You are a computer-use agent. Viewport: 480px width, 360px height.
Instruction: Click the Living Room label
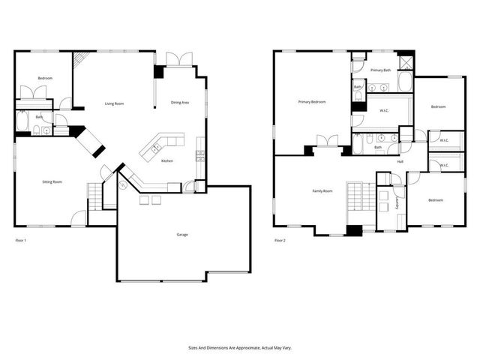coord(114,103)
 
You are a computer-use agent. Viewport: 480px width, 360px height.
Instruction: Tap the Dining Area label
coord(180,102)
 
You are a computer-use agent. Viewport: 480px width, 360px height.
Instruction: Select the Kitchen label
coord(167,160)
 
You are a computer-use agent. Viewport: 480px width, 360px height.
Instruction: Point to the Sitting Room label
coord(52,181)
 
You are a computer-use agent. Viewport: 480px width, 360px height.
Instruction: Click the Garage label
coord(182,235)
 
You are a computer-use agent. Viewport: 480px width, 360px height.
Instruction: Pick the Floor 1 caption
coord(21,240)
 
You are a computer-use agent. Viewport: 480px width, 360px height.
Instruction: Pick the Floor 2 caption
coord(280,240)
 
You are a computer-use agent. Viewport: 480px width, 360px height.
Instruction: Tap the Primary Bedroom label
coord(311,101)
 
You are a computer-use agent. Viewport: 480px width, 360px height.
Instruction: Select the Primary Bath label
coord(380,70)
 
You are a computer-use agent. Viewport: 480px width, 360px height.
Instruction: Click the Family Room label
coord(322,191)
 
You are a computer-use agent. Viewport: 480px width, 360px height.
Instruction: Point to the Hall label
coord(400,161)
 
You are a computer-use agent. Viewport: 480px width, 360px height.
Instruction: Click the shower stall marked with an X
coord(406,62)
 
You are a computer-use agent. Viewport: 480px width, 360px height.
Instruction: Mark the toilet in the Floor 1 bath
coord(36,131)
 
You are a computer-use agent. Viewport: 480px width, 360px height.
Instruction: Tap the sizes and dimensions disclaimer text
coord(239,348)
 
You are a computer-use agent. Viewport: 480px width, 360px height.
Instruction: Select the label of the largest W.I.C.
coord(384,111)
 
